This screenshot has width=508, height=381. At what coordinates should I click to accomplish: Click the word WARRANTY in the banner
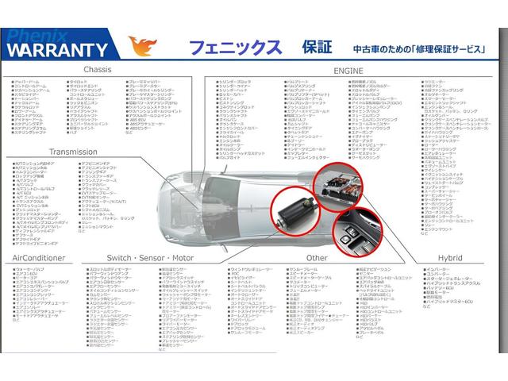[x=57, y=49]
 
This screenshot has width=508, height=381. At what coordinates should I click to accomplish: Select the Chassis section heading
[x=98, y=70]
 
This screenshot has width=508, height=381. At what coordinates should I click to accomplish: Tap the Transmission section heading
[x=72, y=151]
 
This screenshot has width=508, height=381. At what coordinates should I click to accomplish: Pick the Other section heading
[x=317, y=258]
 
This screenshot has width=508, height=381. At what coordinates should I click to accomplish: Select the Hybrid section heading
[x=449, y=258]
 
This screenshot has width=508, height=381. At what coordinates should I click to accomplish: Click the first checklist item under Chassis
[x=29, y=82]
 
